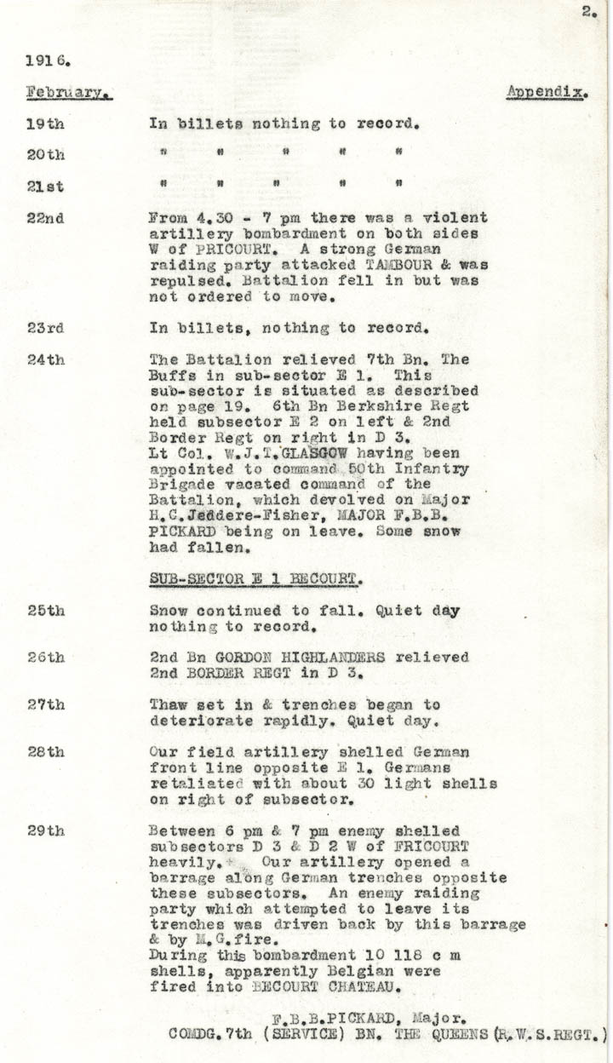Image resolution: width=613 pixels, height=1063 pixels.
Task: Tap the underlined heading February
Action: (69, 92)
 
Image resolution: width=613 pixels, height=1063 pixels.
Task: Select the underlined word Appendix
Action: (547, 91)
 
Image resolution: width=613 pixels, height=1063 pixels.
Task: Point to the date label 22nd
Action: (45, 218)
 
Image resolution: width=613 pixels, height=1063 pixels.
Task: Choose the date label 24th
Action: (45, 359)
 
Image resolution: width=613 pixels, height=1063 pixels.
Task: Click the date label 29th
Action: (45, 830)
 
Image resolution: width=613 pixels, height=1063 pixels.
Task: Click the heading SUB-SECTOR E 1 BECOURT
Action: (256, 579)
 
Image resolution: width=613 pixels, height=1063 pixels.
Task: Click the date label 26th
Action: (45, 658)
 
